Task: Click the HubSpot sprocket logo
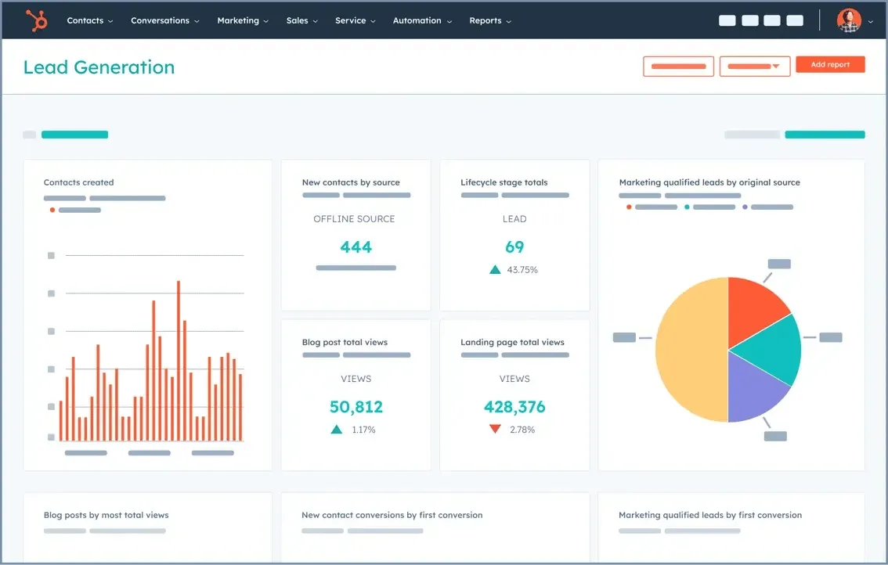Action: (36, 20)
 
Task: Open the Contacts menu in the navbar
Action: (89, 21)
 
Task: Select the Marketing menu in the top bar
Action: (243, 21)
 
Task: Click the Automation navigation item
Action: (422, 21)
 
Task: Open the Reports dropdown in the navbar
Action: (490, 21)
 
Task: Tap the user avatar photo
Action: (848, 21)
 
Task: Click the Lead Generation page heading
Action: (99, 67)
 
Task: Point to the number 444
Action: (356, 247)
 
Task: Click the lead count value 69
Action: (514, 247)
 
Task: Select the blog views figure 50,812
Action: (356, 407)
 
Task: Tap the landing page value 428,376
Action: (514, 407)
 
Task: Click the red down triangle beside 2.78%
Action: (495, 430)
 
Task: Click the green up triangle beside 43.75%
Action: (495, 270)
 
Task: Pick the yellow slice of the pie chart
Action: (689, 350)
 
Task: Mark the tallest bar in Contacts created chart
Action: (179, 360)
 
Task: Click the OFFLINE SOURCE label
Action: (354, 219)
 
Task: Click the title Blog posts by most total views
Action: (106, 515)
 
